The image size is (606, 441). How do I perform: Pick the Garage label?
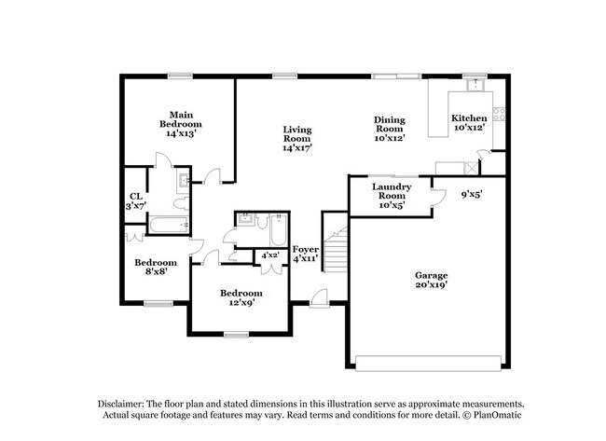pos(432,281)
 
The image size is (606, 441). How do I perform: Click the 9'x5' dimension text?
pos(472,195)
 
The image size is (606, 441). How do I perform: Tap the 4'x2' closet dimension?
pos(271,255)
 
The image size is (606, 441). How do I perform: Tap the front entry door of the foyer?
pos(320,298)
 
